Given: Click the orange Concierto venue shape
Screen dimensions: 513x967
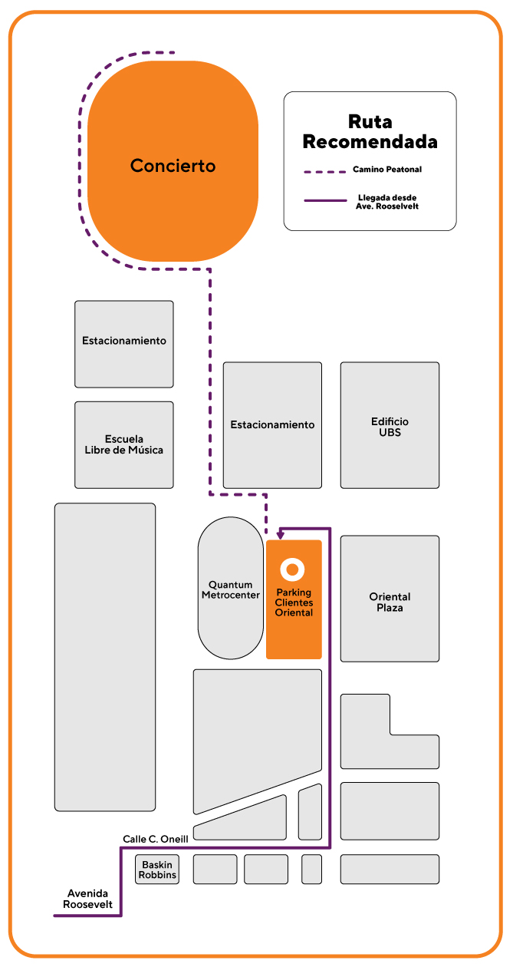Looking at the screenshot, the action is [173, 161].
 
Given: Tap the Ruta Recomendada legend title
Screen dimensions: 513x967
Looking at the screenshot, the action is [370, 132].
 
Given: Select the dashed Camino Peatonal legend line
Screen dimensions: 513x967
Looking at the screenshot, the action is [325, 172].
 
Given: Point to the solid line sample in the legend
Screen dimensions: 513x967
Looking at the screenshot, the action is [325, 200].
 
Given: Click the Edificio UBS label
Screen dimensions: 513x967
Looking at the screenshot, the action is [390, 427].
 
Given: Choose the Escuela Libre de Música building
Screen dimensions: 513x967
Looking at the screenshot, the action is [124, 445].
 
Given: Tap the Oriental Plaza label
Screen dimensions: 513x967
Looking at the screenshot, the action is [390, 602].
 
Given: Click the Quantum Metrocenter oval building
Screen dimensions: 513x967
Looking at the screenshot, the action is [231, 588].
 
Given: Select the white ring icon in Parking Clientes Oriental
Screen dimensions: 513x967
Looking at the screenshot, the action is [292, 569].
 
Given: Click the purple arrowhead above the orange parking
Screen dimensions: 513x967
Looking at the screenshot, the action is [281, 536].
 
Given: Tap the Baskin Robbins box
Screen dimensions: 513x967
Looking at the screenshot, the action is [157, 870].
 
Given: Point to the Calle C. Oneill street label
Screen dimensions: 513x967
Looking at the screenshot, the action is [156, 840].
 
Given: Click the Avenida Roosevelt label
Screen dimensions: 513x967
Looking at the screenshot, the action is [87, 899].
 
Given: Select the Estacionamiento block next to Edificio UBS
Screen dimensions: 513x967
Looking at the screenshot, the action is [272, 425].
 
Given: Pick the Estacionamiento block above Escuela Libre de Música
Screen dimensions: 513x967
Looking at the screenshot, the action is [124, 344].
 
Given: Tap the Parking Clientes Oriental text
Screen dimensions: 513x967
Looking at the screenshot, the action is [294, 602].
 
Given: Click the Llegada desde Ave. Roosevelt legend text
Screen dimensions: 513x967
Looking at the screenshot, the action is [387, 202].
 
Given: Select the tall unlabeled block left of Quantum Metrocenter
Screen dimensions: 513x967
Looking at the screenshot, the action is [105, 657].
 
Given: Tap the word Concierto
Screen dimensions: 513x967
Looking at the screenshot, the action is [173, 166].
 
